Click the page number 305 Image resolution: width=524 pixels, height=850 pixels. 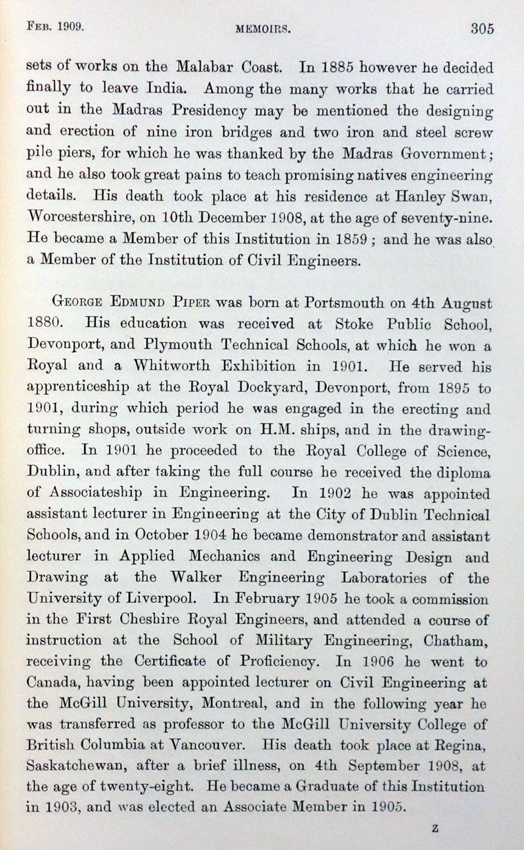click(x=483, y=28)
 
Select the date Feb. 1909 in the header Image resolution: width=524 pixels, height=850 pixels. click(x=54, y=28)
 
